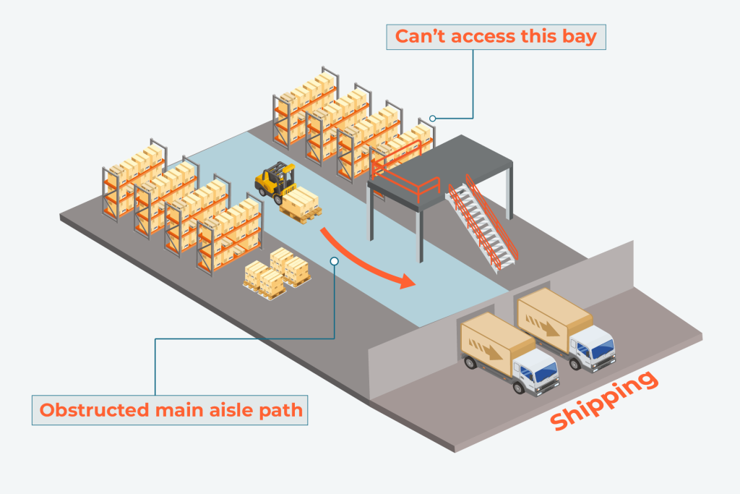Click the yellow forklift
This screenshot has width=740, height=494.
[x=275, y=181]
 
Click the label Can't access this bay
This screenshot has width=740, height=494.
[x=495, y=36]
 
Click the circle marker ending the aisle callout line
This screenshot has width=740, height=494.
[x=334, y=260]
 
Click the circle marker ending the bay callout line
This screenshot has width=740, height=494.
[x=433, y=118]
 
